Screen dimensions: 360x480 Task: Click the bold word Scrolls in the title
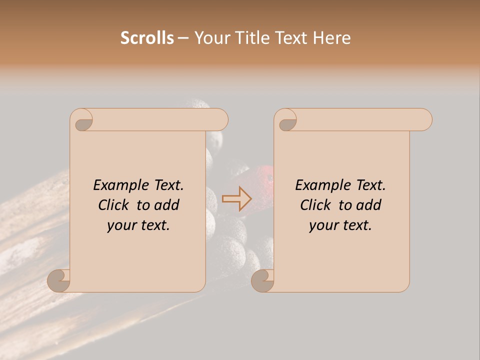pyautogui.click(x=147, y=38)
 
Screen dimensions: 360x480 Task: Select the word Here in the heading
pyautogui.click(x=331, y=38)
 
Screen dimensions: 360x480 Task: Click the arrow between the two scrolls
pyautogui.click(x=236, y=199)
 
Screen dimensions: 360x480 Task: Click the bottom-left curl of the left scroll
pyautogui.click(x=59, y=280)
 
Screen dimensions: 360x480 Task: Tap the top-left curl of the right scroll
pyautogui.click(x=286, y=120)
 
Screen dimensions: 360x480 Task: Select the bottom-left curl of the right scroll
pyautogui.click(x=262, y=280)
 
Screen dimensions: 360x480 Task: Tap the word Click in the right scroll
pyautogui.click(x=315, y=205)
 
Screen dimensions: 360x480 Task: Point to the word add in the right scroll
pyautogui.click(x=369, y=205)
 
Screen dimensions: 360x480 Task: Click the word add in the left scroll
pyautogui.click(x=167, y=205)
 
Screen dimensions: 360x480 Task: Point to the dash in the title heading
pyautogui.click(x=183, y=38)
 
